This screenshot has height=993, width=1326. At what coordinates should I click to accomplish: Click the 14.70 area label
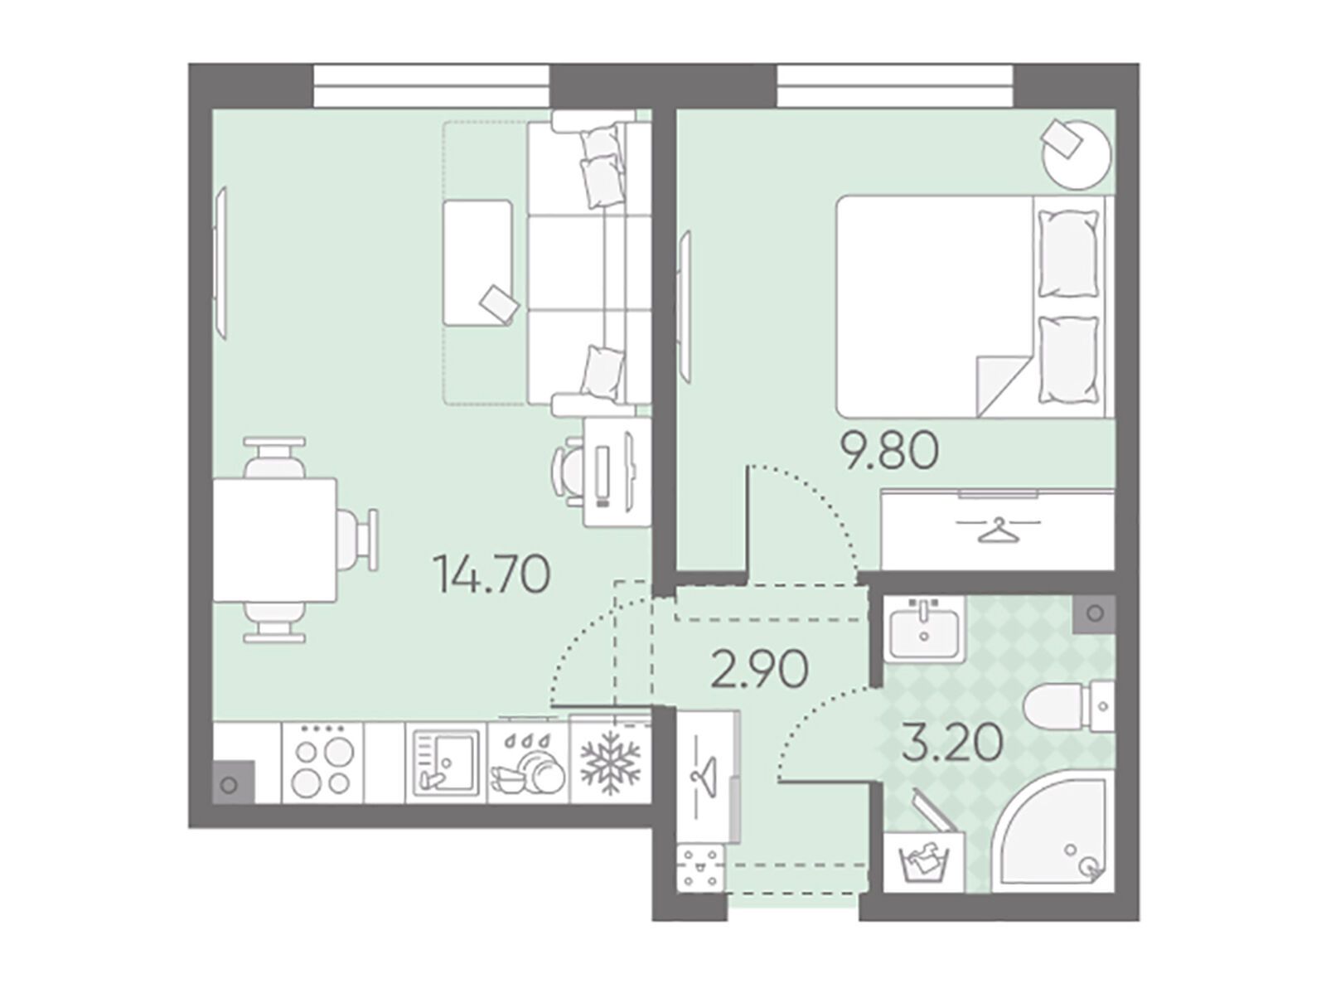click(x=491, y=574)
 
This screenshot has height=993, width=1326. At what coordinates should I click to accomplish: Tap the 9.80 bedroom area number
click(x=891, y=453)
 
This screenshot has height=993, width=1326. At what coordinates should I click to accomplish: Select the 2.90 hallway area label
click(x=759, y=670)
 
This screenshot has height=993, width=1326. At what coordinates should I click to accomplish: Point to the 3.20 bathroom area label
click(x=952, y=743)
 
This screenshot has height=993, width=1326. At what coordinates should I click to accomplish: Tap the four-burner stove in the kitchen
click(x=322, y=763)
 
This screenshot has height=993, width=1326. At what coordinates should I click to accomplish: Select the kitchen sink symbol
click(x=446, y=763)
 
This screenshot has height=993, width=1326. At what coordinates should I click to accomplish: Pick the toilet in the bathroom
click(x=1068, y=705)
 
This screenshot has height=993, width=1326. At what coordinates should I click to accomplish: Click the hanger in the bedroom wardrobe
click(x=997, y=530)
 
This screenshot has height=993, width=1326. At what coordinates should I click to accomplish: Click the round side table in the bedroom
click(x=1077, y=155)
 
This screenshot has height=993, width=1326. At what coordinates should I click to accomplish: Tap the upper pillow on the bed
click(x=1067, y=253)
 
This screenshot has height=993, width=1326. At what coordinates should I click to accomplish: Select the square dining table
click(x=275, y=540)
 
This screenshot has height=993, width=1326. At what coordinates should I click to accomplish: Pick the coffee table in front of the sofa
click(x=477, y=264)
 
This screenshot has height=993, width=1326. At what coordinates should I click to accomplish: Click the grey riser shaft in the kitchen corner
click(x=234, y=782)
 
